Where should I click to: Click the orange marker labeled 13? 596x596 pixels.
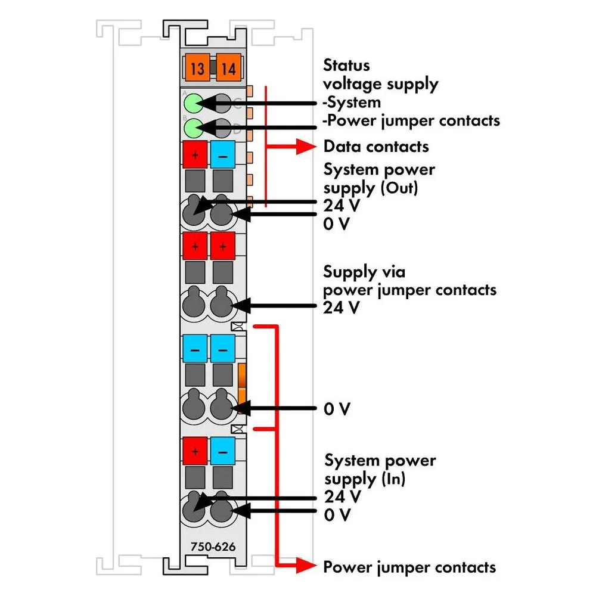[197, 69]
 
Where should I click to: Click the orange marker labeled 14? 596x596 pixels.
[228, 69]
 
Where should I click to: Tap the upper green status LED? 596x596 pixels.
[194, 103]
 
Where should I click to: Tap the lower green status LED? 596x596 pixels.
[194, 128]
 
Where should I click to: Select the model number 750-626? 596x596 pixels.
[213, 547]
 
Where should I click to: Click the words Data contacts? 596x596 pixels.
[376, 147]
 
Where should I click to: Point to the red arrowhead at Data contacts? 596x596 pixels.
[306, 147]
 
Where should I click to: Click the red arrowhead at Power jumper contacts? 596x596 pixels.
[306, 566]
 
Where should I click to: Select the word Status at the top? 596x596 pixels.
[346, 66]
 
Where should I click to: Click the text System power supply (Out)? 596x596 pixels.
[379, 179]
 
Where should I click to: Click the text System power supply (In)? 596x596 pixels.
[380, 470]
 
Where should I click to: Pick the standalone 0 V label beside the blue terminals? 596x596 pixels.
[336, 409]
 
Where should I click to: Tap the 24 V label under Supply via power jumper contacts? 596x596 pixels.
[341, 308]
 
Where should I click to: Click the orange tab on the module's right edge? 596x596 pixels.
[242, 383]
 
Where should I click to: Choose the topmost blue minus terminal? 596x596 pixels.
[223, 154]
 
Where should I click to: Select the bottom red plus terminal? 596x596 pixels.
[195, 451]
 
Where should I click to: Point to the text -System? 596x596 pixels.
[352, 103]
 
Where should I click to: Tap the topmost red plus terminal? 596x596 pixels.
[195, 154]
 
